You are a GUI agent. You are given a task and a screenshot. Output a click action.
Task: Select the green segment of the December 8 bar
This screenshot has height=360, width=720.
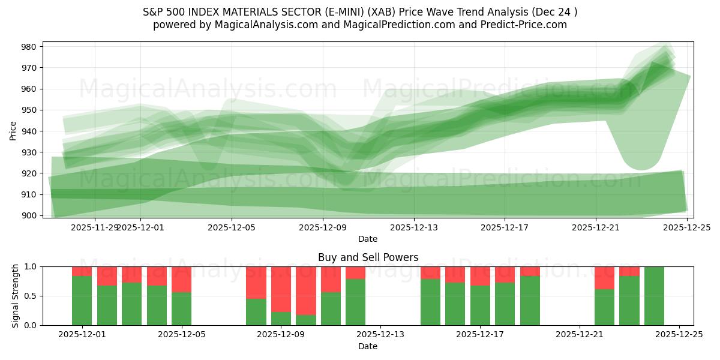(256, 312)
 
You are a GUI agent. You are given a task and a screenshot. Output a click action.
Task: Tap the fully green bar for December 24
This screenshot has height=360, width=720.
(654, 296)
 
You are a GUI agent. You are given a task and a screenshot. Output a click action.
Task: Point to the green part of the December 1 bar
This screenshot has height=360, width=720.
(82, 301)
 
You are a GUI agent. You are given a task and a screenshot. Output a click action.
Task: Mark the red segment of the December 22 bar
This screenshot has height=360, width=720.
(604, 278)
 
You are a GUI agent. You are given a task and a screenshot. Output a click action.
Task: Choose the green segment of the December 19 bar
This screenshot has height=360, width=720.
(530, 301)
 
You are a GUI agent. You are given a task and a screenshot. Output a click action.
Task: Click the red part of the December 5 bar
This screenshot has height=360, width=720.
(181, 279)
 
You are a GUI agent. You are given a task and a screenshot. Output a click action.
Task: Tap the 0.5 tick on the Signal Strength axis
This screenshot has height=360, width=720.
(31, 296)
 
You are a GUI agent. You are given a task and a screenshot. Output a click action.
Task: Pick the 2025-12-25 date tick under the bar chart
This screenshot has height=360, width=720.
(679, 335)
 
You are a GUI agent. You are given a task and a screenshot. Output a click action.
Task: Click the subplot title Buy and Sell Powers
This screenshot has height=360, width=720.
(368, 257)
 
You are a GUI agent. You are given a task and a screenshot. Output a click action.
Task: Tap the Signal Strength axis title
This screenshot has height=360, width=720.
(16, 296)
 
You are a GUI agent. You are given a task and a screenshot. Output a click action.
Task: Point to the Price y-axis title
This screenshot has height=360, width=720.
(13, 130)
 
